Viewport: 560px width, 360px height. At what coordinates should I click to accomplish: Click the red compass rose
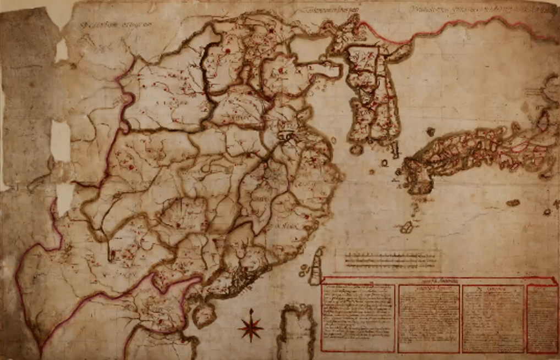250,326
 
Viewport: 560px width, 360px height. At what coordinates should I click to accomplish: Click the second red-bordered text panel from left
429,318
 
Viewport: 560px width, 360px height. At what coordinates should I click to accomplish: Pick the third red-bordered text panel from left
493,318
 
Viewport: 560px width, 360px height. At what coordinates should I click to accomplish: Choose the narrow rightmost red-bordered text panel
542,318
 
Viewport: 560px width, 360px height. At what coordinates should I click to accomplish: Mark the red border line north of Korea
468,25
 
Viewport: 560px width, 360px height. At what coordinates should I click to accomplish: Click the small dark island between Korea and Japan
430,131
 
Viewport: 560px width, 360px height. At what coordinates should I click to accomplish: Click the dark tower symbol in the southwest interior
111,254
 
